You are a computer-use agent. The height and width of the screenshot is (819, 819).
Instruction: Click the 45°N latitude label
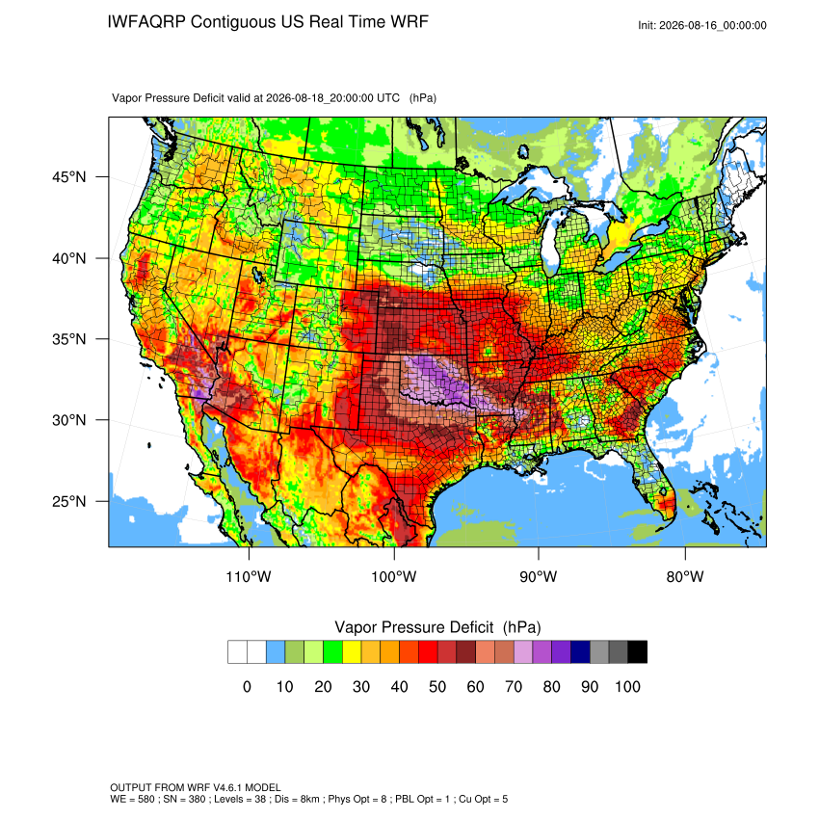point(69,177)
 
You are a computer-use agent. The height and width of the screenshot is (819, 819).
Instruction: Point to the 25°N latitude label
point(69,501)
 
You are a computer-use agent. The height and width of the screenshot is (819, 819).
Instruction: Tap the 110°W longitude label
point(249,576)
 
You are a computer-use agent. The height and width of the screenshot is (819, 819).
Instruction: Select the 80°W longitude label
point(685,576)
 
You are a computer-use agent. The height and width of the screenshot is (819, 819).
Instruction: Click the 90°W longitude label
point(538,576)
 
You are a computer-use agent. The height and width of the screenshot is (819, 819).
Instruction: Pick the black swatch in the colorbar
point(638,652)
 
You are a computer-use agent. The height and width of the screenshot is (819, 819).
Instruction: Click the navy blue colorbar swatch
point(580,652)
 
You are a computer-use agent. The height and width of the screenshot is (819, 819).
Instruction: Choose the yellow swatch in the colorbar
point(352,652)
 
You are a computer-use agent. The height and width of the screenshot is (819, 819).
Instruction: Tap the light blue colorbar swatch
point(276,652)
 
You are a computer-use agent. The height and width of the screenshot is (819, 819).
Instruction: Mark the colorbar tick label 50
point(437,687)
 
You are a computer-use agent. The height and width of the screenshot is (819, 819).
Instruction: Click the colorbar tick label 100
point(627,687)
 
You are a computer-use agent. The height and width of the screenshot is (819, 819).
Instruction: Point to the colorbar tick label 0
point(247,687)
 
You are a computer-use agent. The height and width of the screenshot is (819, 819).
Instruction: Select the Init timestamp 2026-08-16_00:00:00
point(713,26)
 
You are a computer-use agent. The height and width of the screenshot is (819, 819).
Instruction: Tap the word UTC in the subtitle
point(388,98)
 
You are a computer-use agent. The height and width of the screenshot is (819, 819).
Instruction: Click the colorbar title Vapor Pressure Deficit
point(413,627)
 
